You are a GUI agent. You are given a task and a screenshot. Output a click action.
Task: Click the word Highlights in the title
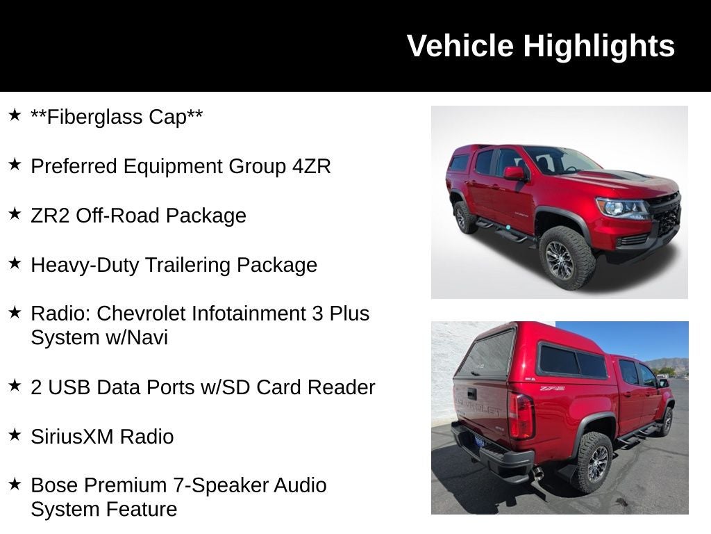pyautogui.click(x=599, y=46)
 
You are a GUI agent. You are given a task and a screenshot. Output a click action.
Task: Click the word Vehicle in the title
pyautogui.click(x=460, y=46)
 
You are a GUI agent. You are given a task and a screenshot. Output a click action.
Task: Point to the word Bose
pyautogui.click(x=53, y=485)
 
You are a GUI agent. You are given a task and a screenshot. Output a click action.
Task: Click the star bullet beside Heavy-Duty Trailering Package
pyautogui.click(x=15, y=263)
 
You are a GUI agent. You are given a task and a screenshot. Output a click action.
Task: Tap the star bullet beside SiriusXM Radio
pyautogui.click(x=15, y=435)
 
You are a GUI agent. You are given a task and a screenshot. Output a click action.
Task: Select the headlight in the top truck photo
pyautogui.click(x=621, y=208)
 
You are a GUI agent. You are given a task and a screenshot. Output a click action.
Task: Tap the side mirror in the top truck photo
pyautogui.click(x=515, y=173)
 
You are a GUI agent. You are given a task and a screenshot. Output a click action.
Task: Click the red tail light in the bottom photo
pyautogui.click(x=521, y=416)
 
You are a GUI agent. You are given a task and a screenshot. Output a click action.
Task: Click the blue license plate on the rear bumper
pyautogui.click(x=480, y=441)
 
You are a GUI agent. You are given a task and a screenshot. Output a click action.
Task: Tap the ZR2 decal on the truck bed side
pyautogui.click(x=552, y=388)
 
